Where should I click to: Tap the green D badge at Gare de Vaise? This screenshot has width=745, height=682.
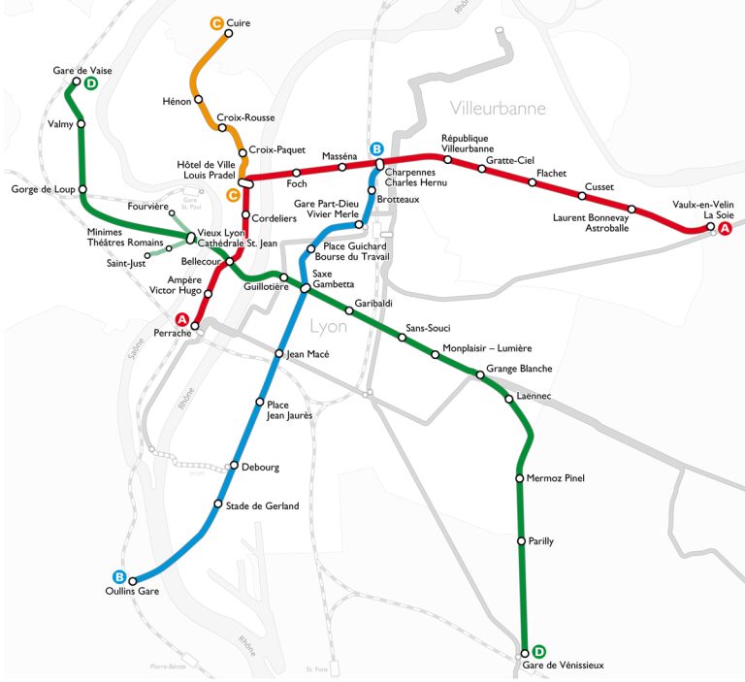pos(90,83)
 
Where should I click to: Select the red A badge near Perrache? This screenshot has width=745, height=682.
pos(181,319)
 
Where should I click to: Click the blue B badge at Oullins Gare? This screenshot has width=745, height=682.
pos(119,575)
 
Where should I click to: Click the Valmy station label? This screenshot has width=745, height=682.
pos(60,124)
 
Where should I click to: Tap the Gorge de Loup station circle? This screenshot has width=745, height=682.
pos(82,189)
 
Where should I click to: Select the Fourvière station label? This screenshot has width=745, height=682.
pos(147,207)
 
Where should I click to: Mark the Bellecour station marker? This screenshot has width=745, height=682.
pos(230,262)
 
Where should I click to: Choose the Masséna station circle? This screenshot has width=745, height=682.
pos(341,167)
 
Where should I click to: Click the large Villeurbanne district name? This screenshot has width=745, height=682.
pos(498,109)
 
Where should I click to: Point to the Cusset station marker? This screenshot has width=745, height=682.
pos(582,196)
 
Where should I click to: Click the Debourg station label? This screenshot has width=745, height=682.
pos(259,468)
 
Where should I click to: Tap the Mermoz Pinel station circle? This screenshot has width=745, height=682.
pos(520,478)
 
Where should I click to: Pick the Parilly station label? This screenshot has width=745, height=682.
pos(540,541)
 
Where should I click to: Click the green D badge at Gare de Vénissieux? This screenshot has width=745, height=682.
pos(539,651)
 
